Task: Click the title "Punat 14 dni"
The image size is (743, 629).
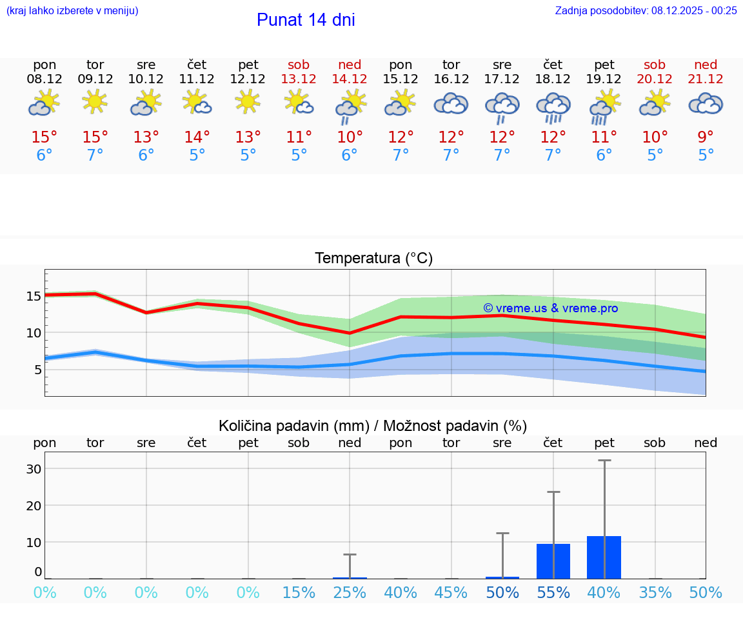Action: (306, 20)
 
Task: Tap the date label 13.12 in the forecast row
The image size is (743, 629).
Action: (299, 79)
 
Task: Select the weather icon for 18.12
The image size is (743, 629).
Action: (553, 108)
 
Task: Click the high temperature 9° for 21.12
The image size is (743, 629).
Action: (706, 137)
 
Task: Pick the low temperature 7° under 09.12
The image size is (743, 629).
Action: (95, 155)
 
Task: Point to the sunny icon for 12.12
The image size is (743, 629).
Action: (248, 102)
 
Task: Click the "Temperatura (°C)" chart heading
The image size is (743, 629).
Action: (373, 259)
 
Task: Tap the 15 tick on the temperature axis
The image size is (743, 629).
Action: (34, 296)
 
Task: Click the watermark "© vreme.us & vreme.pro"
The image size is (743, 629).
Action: (550, 308)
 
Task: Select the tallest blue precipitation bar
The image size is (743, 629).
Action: (604, 557)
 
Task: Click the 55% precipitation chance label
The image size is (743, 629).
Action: (553, 592)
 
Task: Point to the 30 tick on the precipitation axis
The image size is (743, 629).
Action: (34, 468)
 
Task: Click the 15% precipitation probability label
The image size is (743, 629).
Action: (299, 592)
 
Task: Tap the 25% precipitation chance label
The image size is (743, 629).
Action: (350, 592)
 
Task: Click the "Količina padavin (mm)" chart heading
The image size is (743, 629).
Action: (373, 426)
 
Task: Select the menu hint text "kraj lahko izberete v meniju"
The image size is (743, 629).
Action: (72, 10)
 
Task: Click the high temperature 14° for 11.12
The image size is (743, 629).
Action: (197, 137)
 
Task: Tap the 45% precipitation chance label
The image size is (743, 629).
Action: (451, 592)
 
